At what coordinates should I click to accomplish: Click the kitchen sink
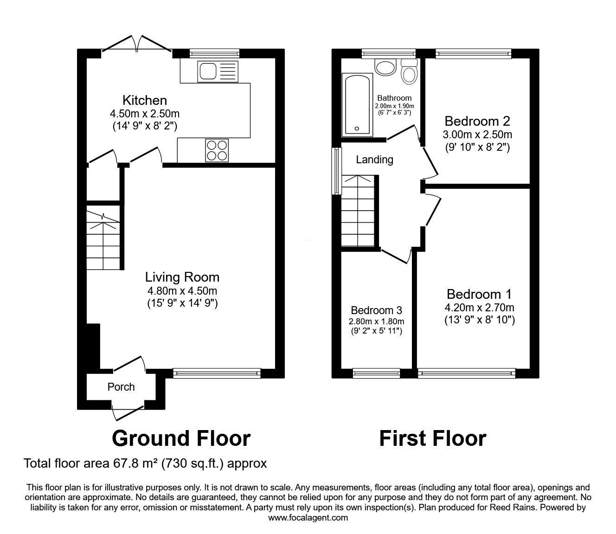[x=218, y=71]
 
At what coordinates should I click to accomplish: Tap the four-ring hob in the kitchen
[x=217, y=151]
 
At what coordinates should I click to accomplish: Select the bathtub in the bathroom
[x=357, y=105]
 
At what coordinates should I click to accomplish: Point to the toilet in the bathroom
[x=409, y=71]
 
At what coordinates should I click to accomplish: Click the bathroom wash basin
[x=385, y=67]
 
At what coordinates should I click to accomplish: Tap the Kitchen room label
[x=145, y=100]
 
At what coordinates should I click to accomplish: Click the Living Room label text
[x=182, y=277]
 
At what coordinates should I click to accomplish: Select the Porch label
[x=121, y=387]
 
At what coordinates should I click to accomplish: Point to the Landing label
[x=375, y=160]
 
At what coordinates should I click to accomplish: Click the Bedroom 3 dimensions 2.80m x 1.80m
[x=376, y=322]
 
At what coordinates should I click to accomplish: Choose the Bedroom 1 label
[x=479, y=294]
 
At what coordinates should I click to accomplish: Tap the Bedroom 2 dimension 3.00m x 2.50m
[x=477, y=135]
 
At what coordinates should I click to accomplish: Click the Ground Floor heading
[x=181, y=438]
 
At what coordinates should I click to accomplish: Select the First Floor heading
[x=433, y=438]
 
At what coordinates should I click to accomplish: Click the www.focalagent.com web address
[x=308, y=518]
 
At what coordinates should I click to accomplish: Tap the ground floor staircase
[x=103, y=240]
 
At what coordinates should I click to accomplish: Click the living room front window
[x=217, y=373]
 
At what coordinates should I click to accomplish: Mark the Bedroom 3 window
[x=376, y=373]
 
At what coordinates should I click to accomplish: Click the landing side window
[x=337, y=171]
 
